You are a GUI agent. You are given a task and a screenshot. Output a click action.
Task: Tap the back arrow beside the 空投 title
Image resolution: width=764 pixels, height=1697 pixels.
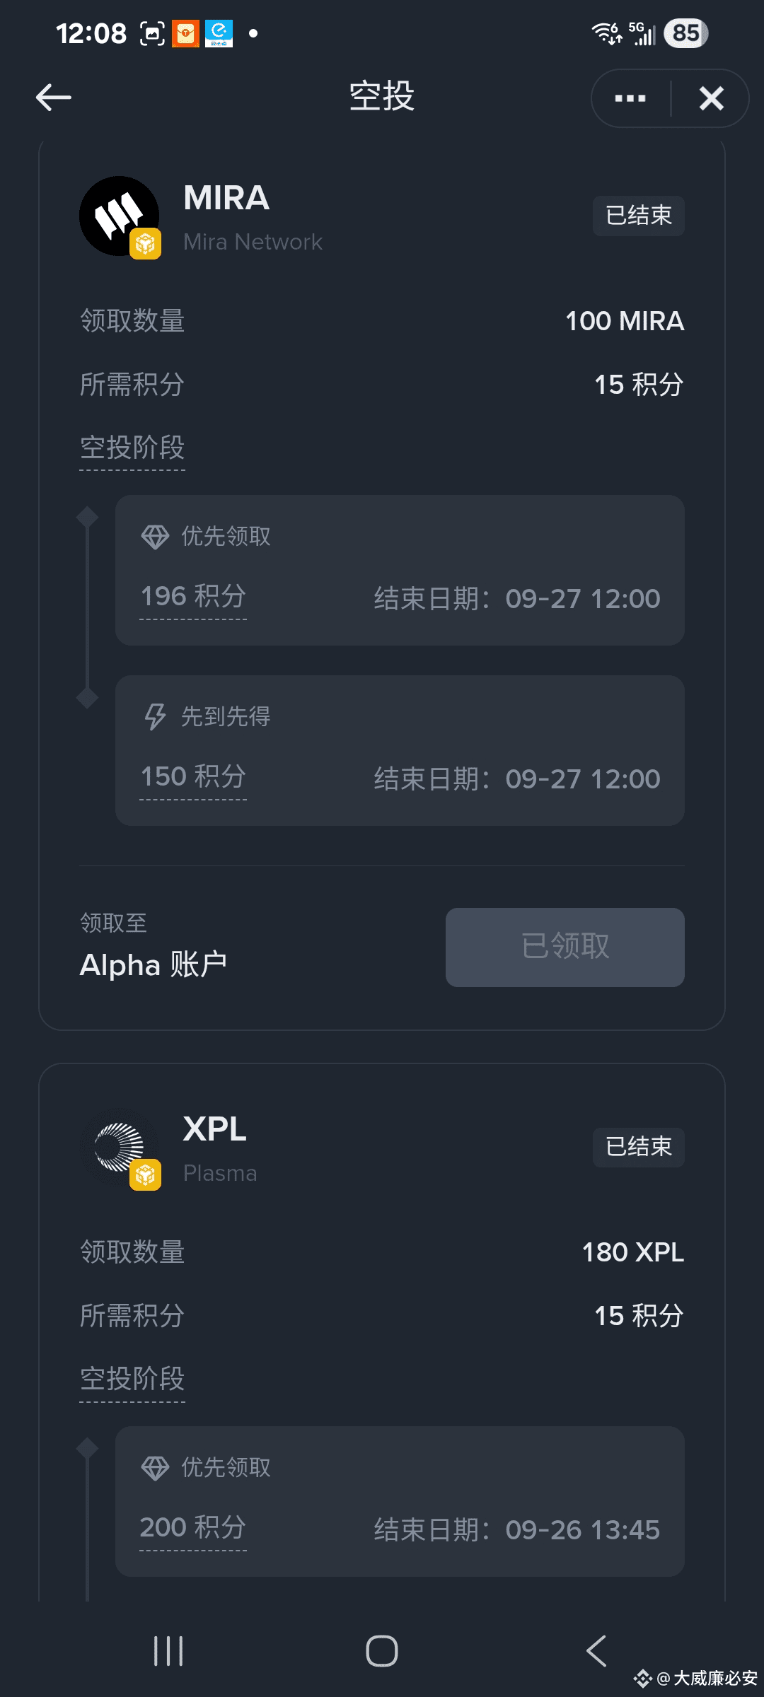(54, 98)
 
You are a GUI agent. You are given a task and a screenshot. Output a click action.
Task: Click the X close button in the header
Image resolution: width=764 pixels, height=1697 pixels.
(711, 98)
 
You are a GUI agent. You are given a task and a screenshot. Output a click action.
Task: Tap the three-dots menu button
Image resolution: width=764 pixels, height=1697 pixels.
(630, 98)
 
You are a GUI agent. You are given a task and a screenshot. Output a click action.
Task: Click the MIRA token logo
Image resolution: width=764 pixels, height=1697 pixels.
(119, 216)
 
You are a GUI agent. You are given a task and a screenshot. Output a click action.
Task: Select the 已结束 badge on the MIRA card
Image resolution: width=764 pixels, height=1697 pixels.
(638, 216)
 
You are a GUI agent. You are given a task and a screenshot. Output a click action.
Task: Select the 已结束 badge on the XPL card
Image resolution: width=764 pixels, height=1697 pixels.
(638, 1147)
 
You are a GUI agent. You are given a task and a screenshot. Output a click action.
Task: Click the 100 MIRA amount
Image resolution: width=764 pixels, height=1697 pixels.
(625, 322)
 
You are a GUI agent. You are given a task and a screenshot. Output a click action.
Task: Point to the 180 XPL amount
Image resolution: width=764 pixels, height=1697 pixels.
(632, 1253)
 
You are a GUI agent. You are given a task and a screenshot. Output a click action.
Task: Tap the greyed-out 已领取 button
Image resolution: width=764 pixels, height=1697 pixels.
(565, 947)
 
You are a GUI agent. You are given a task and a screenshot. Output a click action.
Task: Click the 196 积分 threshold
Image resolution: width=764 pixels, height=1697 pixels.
(193, 597)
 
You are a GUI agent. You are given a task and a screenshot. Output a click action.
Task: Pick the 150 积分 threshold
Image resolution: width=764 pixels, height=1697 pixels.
(193, 777)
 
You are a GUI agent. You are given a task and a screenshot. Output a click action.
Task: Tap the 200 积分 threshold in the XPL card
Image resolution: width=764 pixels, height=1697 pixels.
(193, 1528)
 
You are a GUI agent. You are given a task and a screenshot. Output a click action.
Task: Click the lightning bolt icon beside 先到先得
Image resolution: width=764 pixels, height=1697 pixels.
(155, 716)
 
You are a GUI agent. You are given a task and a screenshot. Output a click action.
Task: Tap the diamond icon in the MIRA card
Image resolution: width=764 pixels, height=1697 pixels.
(155, 537)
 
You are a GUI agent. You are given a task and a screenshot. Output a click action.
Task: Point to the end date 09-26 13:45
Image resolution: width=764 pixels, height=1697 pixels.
(582, 1530)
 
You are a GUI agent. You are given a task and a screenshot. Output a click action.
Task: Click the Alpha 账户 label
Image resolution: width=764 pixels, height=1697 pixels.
(154, 965)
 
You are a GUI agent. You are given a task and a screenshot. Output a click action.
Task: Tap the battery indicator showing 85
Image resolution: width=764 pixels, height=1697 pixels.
(685, 33)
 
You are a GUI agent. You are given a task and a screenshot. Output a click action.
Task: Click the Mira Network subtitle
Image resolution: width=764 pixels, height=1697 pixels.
(253, 243)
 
